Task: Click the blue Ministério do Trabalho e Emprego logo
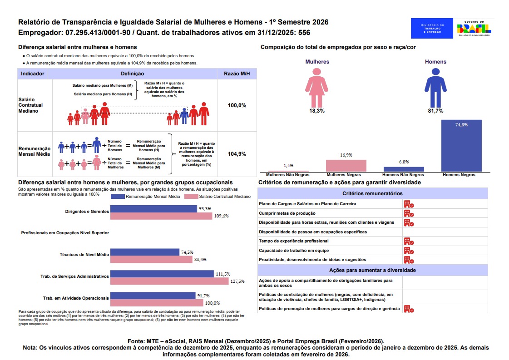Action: click(x=432, y=28)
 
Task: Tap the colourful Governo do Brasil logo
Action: click(x=474, y=28)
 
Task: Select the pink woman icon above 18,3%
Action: click(x=316, y=88)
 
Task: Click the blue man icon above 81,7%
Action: click(x=435, y=88)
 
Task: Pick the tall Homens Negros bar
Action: click(x=461, y=145)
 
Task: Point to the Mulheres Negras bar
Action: click(x=346, y=166)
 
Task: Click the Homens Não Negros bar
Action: click(x=404, y=169)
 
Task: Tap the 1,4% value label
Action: click(x=288, y=166)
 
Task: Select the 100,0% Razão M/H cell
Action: click(x=237, y=105)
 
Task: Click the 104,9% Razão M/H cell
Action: click(x=237, y=154)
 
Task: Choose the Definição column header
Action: click(x=133, y=74)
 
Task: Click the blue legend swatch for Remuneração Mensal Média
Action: click(x=118, y=197)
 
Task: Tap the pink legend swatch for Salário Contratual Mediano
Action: click(x=191, y=197)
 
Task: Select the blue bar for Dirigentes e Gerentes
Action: click(x=153, y=209)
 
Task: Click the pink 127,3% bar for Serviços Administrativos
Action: click(x=169, y=281)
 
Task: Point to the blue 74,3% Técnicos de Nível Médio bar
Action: click(x=145, y=252)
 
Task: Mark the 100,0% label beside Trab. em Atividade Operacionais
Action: click(x=212, y=303)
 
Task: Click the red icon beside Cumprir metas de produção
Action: click(x=409, y=213)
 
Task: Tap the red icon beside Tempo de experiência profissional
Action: click(x=409, y=241)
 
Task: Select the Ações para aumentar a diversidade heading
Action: click(x=372, y=270)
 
